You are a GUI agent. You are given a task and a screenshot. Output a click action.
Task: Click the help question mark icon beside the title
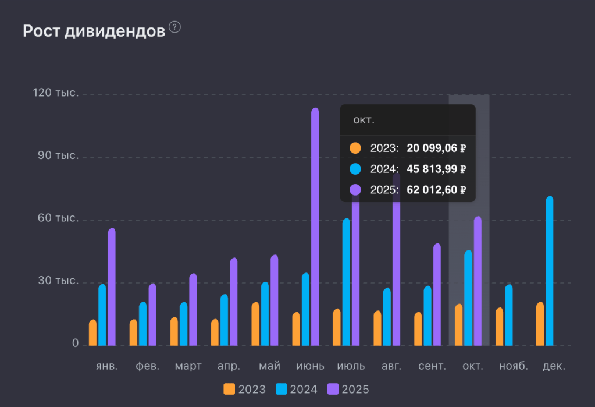click(x=174, y=27)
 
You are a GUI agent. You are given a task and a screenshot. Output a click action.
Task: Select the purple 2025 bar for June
click(x=315, y=227)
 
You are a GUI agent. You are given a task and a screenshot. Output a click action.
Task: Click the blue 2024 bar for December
click(x=550, y=271)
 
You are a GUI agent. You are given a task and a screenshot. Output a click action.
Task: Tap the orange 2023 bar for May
click(x=255, y=324)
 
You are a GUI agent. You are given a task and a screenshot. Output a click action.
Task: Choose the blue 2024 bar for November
click(x=509, y=315)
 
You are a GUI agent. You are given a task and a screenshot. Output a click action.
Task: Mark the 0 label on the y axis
click(x=75, y=344)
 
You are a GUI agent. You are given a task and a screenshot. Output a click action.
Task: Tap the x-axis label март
click(x=188, y=366)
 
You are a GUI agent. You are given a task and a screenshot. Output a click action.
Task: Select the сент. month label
click(x=432, y=366)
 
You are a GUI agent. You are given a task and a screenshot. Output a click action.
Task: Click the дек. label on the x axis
click(x=554, y=366)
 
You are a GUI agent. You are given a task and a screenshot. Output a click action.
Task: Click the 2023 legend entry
click(x=245, y=389)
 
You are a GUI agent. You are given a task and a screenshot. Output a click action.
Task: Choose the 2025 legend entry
click(x=348, y=389)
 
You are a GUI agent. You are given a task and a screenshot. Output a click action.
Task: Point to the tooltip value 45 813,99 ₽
click(x=436, y=169)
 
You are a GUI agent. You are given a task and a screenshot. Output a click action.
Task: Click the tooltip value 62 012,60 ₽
click(x=436, y=190)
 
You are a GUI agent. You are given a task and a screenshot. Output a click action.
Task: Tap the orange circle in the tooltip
click(x=355, y=148)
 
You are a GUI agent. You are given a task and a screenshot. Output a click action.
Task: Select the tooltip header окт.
click(x=364, y=120)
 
